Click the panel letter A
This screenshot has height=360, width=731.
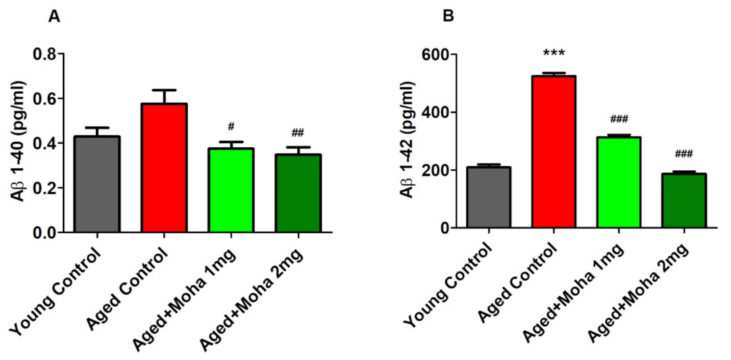tap(55, 18)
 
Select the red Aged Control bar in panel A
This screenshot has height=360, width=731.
tap(165, 168)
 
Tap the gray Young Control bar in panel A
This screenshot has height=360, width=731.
tap(97, 184)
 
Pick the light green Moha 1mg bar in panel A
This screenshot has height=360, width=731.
tap(231, 190)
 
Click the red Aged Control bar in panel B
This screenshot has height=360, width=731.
tap(553, 152)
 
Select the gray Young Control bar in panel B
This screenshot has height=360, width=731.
tap(488, 198)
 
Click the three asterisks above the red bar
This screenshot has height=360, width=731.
tap(553, 52)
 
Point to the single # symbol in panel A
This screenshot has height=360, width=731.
tap(231, 126)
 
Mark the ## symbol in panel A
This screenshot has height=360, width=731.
tap(298, 133)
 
